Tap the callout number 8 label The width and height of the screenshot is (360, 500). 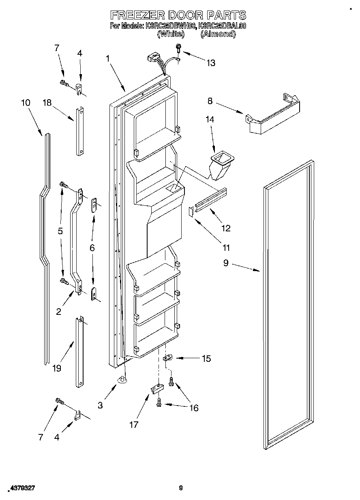210,101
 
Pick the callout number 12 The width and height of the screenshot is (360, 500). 226,228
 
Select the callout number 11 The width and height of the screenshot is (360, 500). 226,247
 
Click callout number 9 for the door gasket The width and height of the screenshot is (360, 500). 226,263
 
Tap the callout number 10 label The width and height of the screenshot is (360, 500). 26,103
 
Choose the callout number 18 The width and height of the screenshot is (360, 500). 47,103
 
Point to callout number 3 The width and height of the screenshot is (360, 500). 100,405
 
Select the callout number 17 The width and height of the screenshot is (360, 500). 133,425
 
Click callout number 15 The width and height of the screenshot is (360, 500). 206,358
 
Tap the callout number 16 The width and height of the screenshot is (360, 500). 194,408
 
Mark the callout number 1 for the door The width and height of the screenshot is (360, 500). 108,58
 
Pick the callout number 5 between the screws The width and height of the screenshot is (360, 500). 60,231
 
